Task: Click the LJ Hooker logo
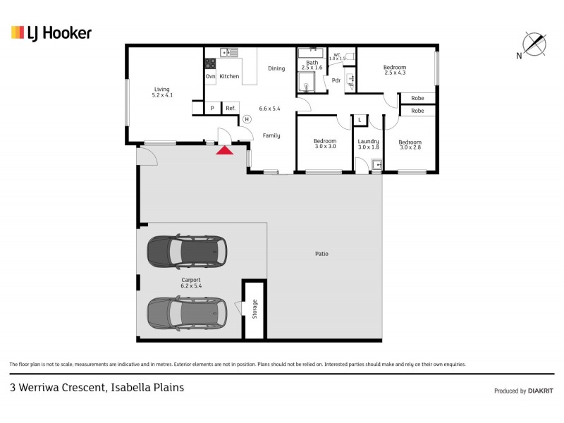click(x=51, y=32)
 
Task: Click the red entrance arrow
click(x=224, y=149)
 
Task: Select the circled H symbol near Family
click(x=247, y=119)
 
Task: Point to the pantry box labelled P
click(x=211, y=109)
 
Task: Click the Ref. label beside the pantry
click(x=230, y=109)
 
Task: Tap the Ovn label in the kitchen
click(x=210, y=76)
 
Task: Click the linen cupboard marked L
click(x=359, y=121)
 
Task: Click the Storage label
click(x=255, y=309)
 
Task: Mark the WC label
click(x=337, y=54)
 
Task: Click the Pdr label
click(x=336, y=80)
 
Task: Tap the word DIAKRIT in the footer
click(x=541, y=391)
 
